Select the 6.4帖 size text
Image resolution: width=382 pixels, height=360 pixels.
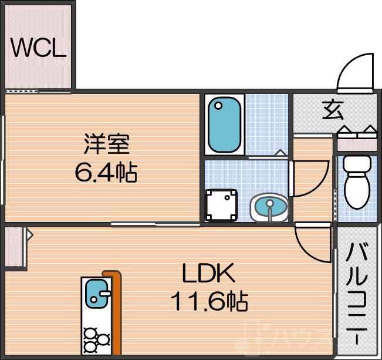(x=106, y=173)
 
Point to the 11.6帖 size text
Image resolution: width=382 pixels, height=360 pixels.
(x=209, y=302)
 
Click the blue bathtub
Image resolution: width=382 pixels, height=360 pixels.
(x=225, y=125)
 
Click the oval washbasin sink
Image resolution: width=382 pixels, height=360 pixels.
(x=269, y=207)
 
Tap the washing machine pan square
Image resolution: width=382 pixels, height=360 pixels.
(x=221, y=205)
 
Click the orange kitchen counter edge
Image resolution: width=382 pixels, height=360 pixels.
(x=115, y=311)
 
